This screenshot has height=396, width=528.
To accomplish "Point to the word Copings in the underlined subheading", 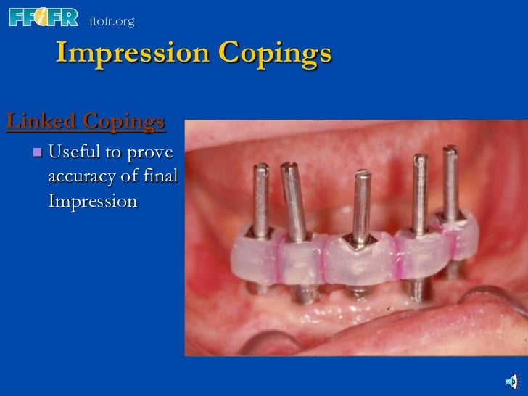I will tap(124, 123).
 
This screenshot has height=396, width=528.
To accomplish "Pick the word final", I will tap(161, 176).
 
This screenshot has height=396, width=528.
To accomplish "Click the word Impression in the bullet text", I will tap(92, 201).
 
